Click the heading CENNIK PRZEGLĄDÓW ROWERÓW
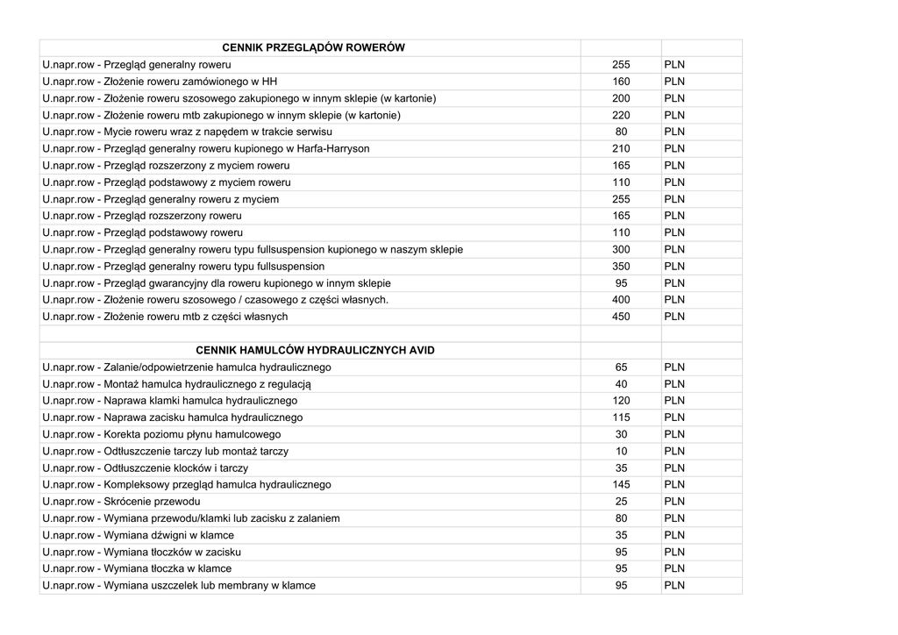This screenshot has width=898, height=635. point(313,47)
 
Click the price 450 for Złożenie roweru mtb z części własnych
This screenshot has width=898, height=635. point(621,317)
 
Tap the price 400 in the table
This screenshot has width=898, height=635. point(621,300)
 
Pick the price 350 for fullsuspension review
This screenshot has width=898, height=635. point(621,267)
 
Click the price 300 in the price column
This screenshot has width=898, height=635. point(621,250)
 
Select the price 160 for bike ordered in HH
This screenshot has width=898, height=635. point(621,82)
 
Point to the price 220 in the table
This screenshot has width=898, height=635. point(621,115)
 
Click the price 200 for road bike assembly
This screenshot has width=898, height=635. point(621,98)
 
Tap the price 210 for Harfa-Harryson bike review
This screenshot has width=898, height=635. point(621,149)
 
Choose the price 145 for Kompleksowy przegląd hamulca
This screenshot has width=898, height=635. point(621,485)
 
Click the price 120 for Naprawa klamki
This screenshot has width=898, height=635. point(621,401)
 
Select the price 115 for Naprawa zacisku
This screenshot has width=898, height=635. point(621,417)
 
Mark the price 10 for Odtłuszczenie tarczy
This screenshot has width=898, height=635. point(621,452)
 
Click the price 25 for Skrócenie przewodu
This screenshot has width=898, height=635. point(621,502)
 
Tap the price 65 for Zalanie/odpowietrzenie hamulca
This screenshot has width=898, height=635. point(621,367)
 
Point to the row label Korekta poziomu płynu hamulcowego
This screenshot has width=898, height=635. point(161,435)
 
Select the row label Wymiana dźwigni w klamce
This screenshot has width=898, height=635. point(138,536)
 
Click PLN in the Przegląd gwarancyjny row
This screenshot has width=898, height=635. point(674,283)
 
